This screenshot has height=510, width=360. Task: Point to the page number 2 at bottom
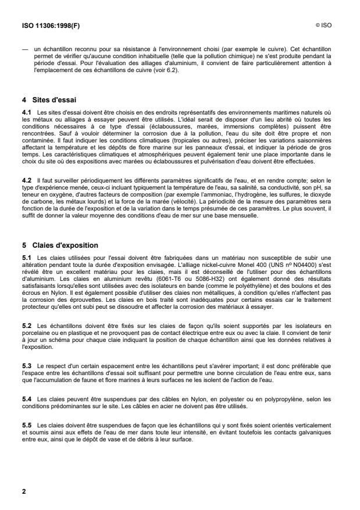[24, 491]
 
